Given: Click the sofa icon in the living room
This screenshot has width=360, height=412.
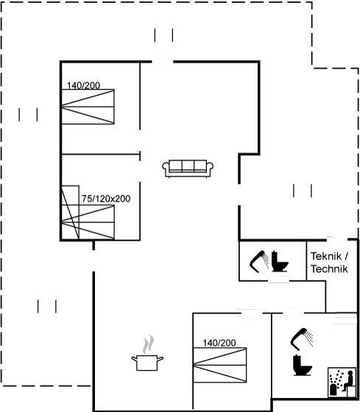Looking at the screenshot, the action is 188,168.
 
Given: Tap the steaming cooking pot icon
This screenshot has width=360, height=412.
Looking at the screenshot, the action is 147,353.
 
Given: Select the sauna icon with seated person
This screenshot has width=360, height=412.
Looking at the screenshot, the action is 342,382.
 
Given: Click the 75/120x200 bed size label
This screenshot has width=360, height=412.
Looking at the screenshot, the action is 106,199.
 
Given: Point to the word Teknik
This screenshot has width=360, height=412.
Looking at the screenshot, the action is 326,256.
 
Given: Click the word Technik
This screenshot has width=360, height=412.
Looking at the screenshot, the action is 329,269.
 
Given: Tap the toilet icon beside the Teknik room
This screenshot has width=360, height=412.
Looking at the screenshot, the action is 280,261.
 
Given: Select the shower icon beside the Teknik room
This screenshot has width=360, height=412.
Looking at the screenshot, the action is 259,261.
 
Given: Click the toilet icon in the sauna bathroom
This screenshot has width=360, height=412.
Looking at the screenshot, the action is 302,365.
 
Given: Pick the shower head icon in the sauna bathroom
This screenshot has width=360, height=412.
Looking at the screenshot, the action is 302,339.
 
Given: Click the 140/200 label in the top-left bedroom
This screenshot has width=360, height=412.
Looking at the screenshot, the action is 83,85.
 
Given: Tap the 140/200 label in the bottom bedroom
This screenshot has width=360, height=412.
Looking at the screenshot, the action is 219,343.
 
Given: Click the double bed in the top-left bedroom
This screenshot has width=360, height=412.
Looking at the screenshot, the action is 88,107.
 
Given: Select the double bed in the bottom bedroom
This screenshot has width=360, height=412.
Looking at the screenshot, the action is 220,365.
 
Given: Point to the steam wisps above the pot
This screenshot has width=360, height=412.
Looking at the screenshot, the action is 148,344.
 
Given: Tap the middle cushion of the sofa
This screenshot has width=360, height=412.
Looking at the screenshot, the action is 188,166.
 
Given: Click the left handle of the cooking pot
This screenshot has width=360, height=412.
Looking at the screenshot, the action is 135,358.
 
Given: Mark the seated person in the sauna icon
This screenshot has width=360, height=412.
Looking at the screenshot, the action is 349,378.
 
